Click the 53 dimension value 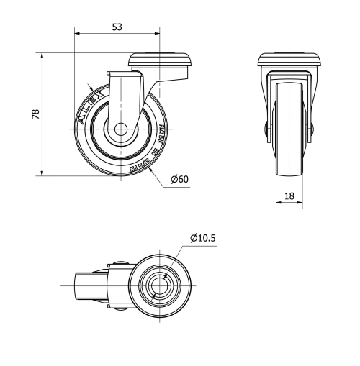point(117,27)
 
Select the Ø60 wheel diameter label point(179,179)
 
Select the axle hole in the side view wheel point(119,131)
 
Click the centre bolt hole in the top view point(159,286)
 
